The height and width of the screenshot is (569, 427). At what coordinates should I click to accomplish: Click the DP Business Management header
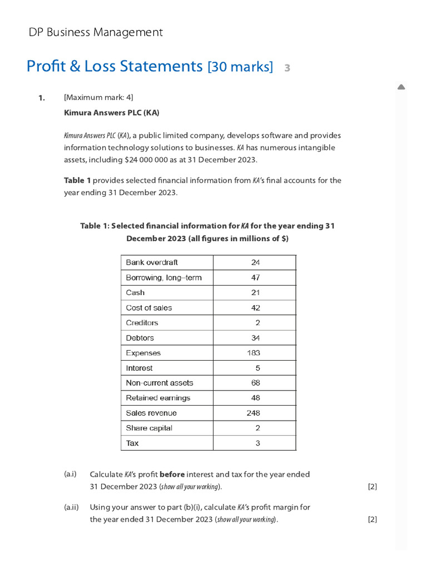(96, 32)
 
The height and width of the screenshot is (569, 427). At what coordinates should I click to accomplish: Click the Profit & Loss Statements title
(115, 67)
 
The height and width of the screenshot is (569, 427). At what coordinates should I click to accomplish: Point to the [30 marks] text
(240, 67)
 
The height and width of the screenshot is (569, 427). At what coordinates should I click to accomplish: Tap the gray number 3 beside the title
(287, 68)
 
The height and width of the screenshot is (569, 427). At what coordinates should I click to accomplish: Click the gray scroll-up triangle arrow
(401, 87)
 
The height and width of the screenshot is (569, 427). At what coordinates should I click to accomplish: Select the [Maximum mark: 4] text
(98, 98)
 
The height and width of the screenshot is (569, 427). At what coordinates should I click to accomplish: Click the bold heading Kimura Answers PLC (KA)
(112, 113)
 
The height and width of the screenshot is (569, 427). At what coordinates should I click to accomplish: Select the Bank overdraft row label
(152, 262)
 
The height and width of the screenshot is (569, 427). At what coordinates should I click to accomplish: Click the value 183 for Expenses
(254, 353)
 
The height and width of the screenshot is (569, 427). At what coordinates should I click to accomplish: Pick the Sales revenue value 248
(254, 413)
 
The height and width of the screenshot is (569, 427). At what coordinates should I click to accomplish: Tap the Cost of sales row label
(149, 308)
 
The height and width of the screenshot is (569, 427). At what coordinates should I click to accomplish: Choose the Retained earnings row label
(158, 398)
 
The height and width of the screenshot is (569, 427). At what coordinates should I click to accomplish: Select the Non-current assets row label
(160, 383)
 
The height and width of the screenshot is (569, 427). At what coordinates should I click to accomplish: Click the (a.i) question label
(70, 474)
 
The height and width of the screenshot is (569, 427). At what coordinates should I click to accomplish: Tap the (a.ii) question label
(71, 507)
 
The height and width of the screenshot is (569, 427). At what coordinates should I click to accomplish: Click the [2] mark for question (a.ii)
(373, 520)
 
